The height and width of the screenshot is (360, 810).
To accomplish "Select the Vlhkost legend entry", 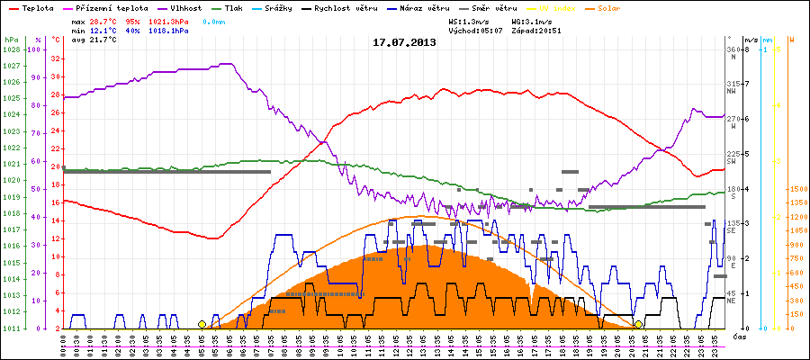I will (x=184, y=7).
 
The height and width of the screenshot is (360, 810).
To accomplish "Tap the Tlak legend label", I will (x=236, y=7).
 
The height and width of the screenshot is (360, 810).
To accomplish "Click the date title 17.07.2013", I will (x=405, y=42).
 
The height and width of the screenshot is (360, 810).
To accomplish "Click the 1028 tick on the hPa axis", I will (x=11, y=49).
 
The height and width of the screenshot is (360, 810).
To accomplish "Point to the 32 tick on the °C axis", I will (x=56, y=58).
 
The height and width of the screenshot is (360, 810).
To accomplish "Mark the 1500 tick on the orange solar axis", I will (x=797, y=189).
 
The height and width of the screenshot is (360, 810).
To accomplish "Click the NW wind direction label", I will (x=732, y=91).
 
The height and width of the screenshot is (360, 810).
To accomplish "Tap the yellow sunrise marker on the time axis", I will (x=202, y=324).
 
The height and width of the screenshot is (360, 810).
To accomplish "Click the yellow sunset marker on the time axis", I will (x=638, y=324).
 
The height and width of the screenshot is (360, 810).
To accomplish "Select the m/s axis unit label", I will (x=751, y=40).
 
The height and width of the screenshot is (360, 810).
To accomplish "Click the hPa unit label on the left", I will (x=10, y=40).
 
